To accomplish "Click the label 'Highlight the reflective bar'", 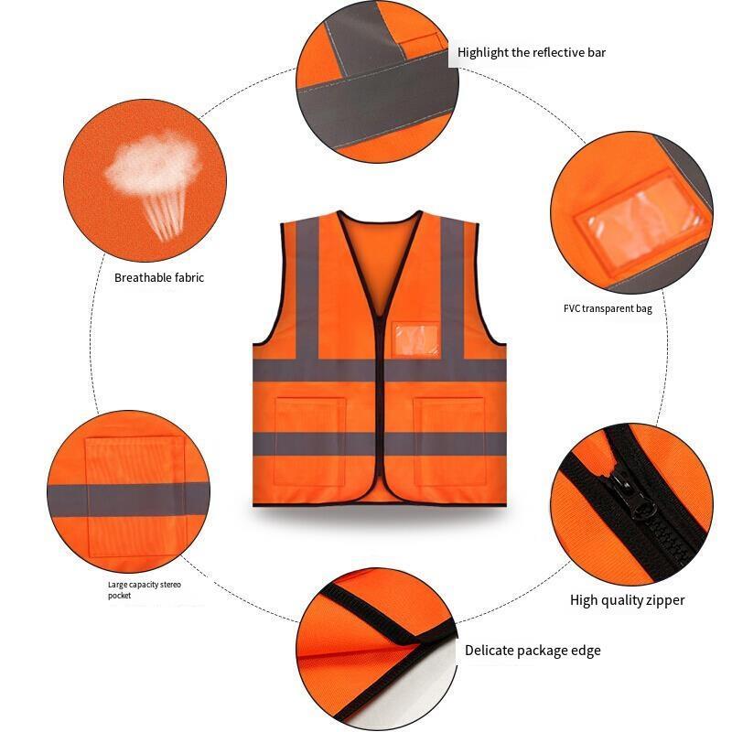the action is [x=532, y=52].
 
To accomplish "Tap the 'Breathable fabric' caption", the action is [x=159, y=278].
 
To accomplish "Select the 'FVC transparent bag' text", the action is [x=608, y=308].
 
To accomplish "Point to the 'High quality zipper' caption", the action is [x=627, y=600].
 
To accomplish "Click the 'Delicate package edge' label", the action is [x=533, y=651].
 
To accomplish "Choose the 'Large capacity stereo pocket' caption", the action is [x=145, y=590].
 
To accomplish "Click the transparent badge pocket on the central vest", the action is [x=416, y=339].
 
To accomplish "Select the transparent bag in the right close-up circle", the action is [x=644, y=221].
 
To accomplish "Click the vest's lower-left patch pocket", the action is [x=309, y=441].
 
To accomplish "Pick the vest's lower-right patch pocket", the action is [x=449, y=441].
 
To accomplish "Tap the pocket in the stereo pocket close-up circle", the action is [x=135, y=497].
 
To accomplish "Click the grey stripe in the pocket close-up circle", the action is [x=128, y=500].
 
